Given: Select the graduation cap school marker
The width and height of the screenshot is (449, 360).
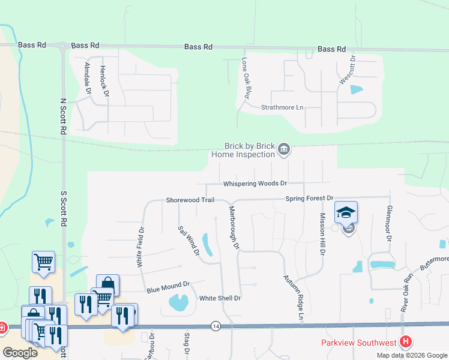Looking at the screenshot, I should point(346,212).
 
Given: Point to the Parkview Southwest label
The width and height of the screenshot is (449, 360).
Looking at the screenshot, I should point(359,343).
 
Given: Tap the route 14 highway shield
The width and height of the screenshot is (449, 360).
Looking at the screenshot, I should point(215,326).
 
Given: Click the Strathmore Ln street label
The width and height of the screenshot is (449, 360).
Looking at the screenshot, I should point(282,107).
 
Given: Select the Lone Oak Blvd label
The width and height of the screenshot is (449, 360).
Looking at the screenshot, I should point(245,78).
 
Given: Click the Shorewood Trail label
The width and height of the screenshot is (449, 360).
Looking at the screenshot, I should point(190,200).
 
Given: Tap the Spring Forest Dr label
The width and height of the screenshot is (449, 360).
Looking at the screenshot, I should point(309,198).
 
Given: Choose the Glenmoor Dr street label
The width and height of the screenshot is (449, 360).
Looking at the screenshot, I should point(390,230).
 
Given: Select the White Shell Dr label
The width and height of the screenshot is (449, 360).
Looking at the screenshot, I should point(220,298).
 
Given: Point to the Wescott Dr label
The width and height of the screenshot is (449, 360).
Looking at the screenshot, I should point(353,70).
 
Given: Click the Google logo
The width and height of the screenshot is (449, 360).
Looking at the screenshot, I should point(20,353).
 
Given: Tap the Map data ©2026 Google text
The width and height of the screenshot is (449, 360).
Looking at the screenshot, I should point(412,355).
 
